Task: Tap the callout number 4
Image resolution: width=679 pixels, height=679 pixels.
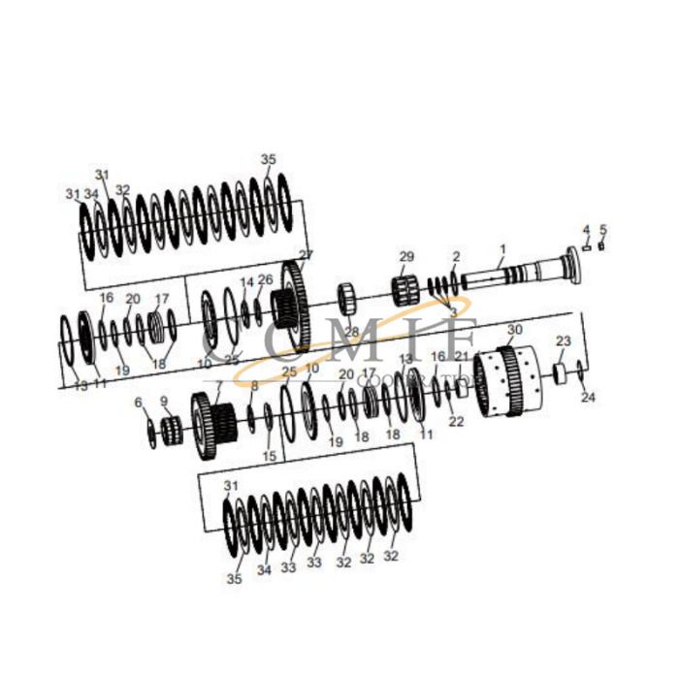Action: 586,230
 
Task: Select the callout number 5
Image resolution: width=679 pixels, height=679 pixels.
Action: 602,230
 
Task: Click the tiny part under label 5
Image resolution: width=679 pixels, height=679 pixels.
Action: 601,244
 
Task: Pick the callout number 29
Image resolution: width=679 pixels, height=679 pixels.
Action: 406,256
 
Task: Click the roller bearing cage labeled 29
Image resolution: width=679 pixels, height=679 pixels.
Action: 405,288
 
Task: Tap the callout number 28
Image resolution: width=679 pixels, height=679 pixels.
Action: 351,332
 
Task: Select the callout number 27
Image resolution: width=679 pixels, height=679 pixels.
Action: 307,255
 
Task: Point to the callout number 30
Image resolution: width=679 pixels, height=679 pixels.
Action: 514,330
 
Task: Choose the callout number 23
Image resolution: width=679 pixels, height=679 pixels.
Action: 564,341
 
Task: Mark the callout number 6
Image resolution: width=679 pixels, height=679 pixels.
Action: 138,402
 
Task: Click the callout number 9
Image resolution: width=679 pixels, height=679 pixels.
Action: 164,402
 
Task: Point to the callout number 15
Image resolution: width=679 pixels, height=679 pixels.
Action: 269,456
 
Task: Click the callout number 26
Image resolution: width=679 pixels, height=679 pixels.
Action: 265,280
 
